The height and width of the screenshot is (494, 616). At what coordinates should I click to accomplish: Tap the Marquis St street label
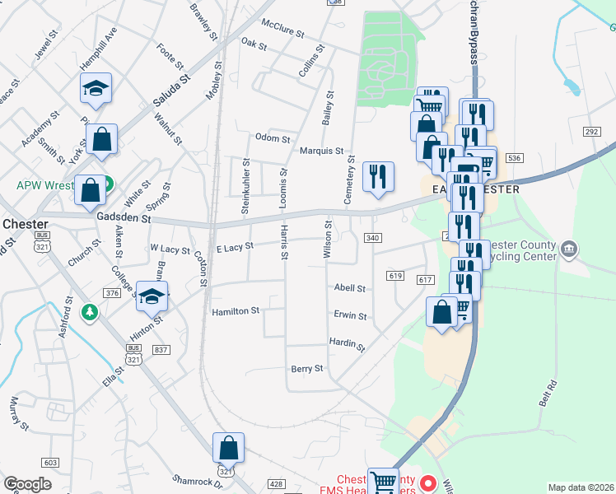point(321,151)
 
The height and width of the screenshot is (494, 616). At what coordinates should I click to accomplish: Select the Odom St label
point(273,137)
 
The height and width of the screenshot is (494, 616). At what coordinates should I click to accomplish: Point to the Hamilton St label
point(236,311)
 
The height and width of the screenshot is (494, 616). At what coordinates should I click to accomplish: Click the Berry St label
point(307,369)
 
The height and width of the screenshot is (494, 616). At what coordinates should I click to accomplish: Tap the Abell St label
point(350,288)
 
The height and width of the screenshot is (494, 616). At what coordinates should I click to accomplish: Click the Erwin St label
point(350,315)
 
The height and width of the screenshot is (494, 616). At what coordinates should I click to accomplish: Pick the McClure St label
point(282,29)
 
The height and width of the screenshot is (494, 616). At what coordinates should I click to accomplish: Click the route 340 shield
point(372,238)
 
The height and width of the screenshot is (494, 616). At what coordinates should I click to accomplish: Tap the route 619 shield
point(395,276)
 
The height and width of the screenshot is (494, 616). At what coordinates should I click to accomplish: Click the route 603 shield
point(51,464)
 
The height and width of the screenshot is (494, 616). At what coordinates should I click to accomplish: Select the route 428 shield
point(276,484)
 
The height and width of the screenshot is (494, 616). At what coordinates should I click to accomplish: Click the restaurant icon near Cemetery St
point(378,178)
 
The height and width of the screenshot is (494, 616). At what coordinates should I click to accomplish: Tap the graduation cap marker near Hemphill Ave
point(96,88)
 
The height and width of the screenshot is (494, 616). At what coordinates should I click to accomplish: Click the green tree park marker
point(89,312)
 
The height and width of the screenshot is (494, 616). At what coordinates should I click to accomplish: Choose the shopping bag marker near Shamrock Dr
point(229,450)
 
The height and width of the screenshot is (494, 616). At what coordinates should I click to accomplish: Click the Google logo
point(27,484)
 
